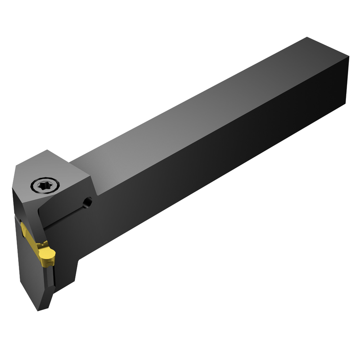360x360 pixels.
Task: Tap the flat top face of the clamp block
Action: point(54,169)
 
